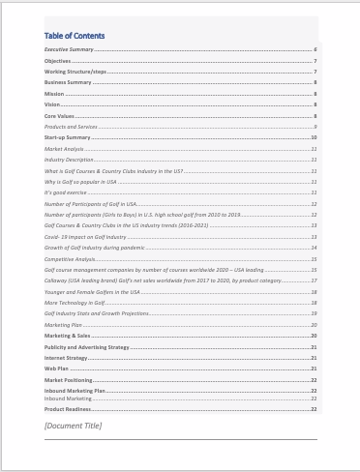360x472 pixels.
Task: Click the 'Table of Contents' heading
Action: click(75, 35)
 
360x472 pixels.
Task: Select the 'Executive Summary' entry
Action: click(69, 48)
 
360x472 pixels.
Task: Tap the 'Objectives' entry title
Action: click(58, 60)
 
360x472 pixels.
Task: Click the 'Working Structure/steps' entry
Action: click(75, 72)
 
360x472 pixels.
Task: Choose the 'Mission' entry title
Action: click(55, 94)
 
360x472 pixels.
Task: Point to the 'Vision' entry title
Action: click(53, 104)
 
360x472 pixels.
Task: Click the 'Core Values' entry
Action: click(59, 116)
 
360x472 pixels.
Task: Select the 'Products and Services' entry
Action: click(71, 127)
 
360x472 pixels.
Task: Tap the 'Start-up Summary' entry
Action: click(68, 138)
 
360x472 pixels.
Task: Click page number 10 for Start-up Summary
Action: click(315, 138)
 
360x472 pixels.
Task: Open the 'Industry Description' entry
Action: click(69, 160)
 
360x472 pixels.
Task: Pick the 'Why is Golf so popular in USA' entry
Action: click(84, 182)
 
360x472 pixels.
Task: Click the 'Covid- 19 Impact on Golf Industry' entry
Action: click(85, 237)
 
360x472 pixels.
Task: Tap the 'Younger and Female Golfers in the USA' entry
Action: click(92, 291)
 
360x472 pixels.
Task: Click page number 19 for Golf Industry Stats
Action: click(315, 313)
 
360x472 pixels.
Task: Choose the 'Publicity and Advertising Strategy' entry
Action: click(87, 346)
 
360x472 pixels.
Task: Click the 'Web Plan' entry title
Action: click(57, 369)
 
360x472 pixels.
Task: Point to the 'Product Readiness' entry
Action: click(68, 409)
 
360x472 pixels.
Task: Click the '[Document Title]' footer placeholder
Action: click(74, 426)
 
